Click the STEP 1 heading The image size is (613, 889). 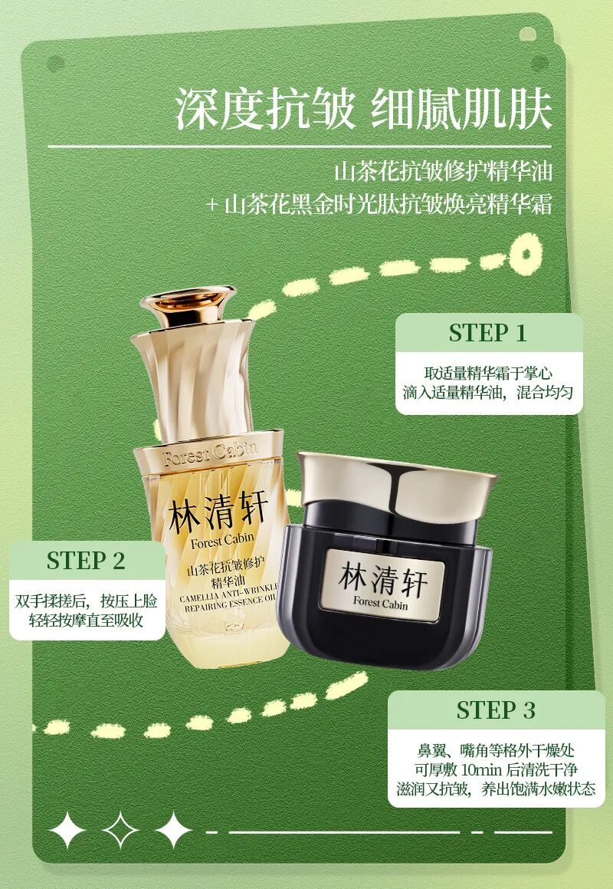[488, 334]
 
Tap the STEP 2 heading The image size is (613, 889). [86, 561]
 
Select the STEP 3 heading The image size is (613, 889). [496, 710]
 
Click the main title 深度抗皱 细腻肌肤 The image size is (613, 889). [363, 108]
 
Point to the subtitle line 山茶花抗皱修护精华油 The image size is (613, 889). [443, 171]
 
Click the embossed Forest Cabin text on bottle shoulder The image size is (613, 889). [210, 453]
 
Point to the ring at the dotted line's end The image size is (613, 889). [525, 254]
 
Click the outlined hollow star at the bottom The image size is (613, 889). [120, 830]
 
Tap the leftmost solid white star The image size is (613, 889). [67, 830]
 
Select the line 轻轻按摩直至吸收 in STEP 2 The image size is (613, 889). [86, 620]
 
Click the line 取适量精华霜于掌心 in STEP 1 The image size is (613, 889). [488, 373]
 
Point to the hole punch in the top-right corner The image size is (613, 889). [527, 34]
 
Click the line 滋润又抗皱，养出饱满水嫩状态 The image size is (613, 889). [496, 789]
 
